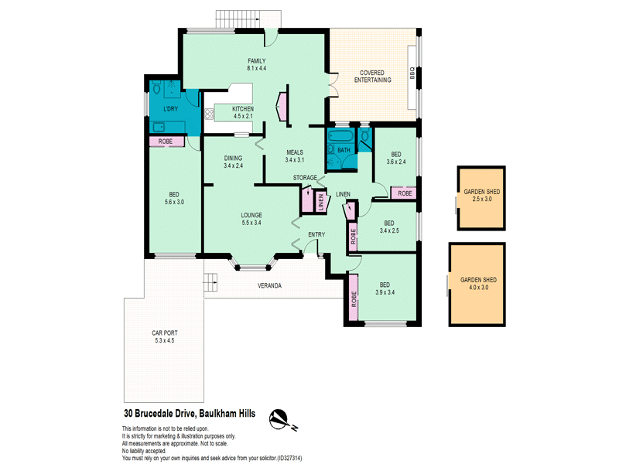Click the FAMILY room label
(257, 61)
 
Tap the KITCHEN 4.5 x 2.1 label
(243, 112)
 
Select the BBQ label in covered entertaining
(412, 73)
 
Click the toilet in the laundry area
(156, 87)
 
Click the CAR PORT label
(165, 333)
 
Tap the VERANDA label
(269, 285)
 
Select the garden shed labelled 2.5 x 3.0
(481, 198)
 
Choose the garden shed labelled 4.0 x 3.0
(477, 285)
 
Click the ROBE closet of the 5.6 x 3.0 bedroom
(166, 142)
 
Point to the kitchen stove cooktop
(209, 114)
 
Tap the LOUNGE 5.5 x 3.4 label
(251, 219)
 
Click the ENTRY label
(316, 234)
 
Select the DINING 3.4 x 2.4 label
(233, 162)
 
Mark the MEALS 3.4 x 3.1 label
(295, 156)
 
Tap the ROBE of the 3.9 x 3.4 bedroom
(354, 297)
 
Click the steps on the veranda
(210, 283)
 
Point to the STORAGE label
(305, 178)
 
